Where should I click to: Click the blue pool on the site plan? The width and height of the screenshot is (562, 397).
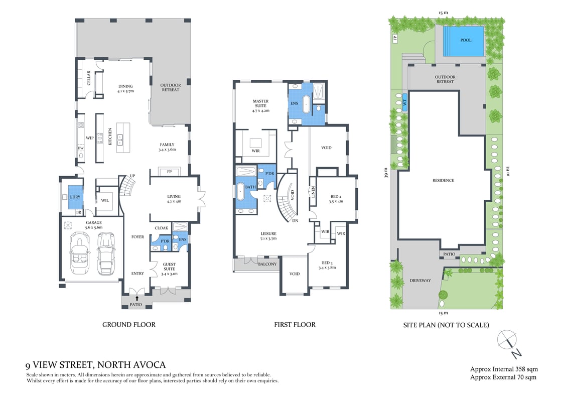pyautogui.click(x=465, y=40)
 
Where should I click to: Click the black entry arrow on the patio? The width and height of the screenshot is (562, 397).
pyautogui.click(x=136, y=299)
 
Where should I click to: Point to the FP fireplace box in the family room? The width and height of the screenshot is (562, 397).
pyautogui.click(x=168, y=171)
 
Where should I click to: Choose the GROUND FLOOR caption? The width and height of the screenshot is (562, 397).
pyautogui.click(x=129, y=325)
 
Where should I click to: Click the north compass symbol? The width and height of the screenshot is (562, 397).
pyautogui.click(x=508, y=341)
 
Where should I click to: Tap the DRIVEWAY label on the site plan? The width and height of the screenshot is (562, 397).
pyautogui.click(x=420, y=281)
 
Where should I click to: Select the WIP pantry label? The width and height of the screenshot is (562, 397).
pyautogui.click(x=90, y=137)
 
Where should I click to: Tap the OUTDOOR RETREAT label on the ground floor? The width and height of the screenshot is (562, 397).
pyautogui.click(x=171, y=88)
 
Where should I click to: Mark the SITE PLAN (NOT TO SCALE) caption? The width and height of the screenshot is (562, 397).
pyautogui.click(x=446, y=325)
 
